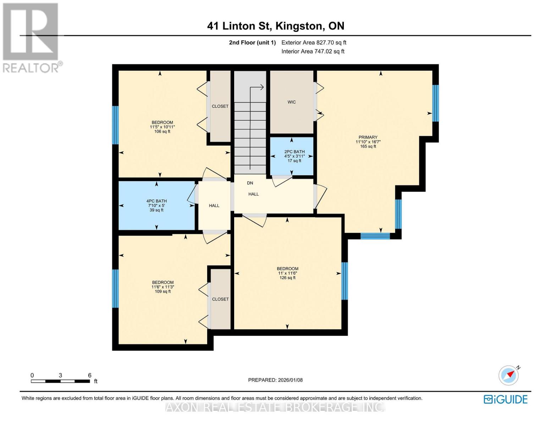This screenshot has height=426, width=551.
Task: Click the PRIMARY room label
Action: (368, 137)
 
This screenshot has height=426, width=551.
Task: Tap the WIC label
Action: (292, 102)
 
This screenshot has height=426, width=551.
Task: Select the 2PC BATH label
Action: (294, 152)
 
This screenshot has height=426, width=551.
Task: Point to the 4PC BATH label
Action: (156, 201)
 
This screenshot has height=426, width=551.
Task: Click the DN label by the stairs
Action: (250, 183)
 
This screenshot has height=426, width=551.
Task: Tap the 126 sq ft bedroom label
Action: (287, 269)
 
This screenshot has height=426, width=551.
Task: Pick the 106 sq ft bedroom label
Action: (162, 122)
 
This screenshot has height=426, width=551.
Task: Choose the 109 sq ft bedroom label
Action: (163, 282)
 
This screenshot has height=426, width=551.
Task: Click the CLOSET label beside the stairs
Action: (220, 106)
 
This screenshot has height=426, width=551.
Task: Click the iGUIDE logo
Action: (506, 399)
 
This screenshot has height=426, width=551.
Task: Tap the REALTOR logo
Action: (32, 38)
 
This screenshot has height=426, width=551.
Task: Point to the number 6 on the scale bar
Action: (89, 375)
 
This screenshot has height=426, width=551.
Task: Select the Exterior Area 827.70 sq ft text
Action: (314, 43)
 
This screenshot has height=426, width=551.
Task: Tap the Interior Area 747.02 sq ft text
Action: (313, 51)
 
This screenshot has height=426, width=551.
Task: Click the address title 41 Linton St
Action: (239, 26)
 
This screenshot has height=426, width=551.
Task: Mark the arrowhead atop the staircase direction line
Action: (261, 87)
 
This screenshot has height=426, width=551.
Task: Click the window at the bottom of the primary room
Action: (375, 236)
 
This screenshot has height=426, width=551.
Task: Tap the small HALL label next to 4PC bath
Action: (214, 206)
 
